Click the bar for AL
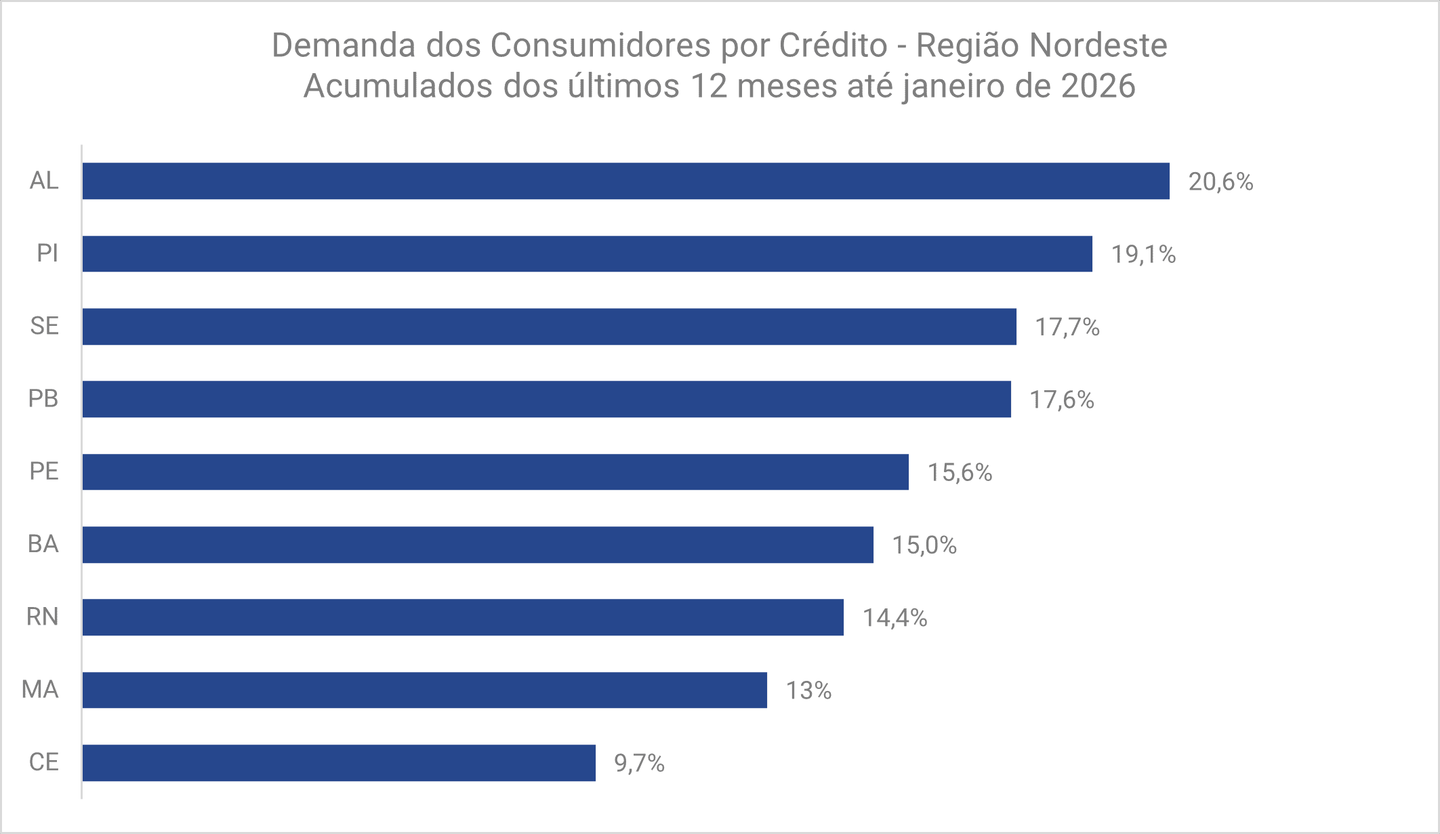tap(625, 181)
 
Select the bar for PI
tap(587, 254)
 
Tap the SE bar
tap(549, 327)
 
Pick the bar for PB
tap(546, 399)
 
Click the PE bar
tap(495, 472)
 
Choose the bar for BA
tap(478, 545)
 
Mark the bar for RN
tap(463, 617)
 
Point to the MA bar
tap(424, 690)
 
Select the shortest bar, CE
tap(339, 763)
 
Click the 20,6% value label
tap(1220, 182)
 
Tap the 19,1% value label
tap(1143, 255)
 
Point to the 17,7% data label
tap(1067, 327)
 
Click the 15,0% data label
tap(924, 545)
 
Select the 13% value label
tap(808, 690)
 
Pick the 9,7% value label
tap(639, 764)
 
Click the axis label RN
tap(42, 617)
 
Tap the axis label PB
tap(43, 399)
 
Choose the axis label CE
tap(43, 762)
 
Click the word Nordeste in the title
tap(1098, 46)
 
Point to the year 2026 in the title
tap(1098, 87)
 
